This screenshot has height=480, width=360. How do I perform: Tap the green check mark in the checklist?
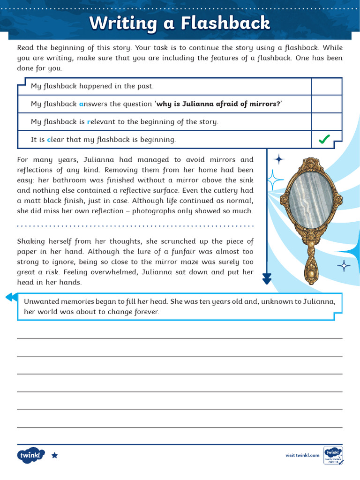(x=324, y=139)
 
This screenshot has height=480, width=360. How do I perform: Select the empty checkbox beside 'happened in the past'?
(x=326, y=86)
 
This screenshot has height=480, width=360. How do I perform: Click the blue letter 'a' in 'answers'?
(x=81, y=104)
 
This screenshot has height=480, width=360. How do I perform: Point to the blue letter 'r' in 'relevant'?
(x=89, y=122)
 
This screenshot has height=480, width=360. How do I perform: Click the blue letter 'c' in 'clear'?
(x=49, y=140)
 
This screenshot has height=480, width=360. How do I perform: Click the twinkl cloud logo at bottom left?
(x=31, y=455)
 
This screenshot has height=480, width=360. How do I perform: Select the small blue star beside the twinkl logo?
(x=54, y=455)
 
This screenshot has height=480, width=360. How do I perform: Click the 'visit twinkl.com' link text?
(x=302, y=455)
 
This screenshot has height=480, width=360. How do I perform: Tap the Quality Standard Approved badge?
(x=333, y=455)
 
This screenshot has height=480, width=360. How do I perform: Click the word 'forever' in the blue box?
(x=146, y=312)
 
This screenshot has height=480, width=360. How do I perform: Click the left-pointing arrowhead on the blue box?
(x=9, y=297)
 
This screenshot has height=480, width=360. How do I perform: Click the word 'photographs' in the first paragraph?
(x=152, y=211)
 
